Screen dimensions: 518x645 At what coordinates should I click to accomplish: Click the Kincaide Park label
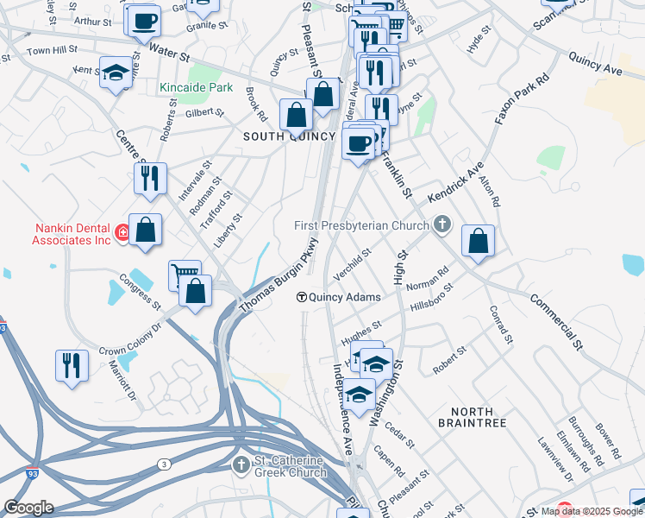pos(185,88)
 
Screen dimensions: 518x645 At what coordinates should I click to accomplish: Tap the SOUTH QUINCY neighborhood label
pos(289,136)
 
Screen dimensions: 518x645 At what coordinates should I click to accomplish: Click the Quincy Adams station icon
pos(302,297)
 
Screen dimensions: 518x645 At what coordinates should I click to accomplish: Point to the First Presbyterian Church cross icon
pos(441,226)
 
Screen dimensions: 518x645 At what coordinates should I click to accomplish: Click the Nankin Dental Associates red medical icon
pos(123,233)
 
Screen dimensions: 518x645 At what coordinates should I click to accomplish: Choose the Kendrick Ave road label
pos(456,180)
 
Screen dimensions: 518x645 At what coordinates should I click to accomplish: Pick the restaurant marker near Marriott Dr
pos(72,365)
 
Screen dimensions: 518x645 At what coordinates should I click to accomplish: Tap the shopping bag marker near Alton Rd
pos(478,242)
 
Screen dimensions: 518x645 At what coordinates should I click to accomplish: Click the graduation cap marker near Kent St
pos(115,73)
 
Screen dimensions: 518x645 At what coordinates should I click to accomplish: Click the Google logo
pos(28,508)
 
